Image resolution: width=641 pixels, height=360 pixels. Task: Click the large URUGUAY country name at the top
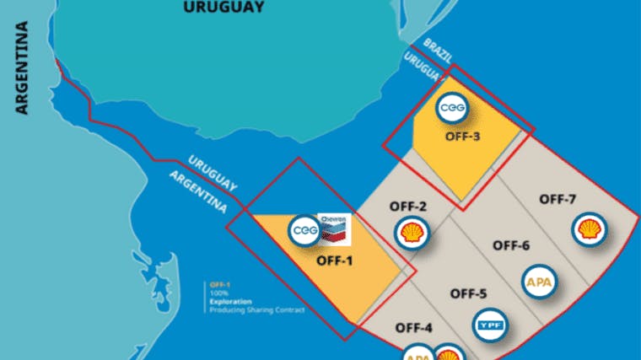[x=221, y=7]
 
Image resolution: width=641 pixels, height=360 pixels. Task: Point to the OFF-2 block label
[x=408, y=207]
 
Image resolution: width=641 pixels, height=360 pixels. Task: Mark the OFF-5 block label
[x=469, y=294]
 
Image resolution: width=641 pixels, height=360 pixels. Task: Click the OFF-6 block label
[x=511, y=245]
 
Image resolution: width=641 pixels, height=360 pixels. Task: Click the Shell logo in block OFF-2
[x=412, y=233]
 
